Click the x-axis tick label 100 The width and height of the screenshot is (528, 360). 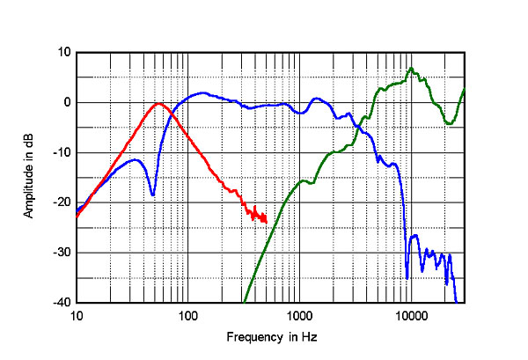click(187, 314)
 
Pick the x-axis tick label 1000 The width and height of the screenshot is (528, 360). click(298, 314)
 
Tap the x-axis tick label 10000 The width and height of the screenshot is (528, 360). click(410, 314)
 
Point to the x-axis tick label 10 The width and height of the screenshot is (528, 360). click(77, 314)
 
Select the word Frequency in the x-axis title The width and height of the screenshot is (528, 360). click(251, 337)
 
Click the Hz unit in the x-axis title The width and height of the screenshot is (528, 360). click(309, 337)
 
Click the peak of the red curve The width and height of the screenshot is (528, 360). click(158, 104)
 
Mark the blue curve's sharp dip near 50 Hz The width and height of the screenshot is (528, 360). click(153, 195)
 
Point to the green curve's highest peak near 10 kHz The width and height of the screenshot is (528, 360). click(411, 69)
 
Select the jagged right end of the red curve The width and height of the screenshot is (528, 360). click(263, 217)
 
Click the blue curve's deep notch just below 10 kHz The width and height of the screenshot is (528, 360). click(407, 276)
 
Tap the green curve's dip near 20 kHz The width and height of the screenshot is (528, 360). click(450, 124)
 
